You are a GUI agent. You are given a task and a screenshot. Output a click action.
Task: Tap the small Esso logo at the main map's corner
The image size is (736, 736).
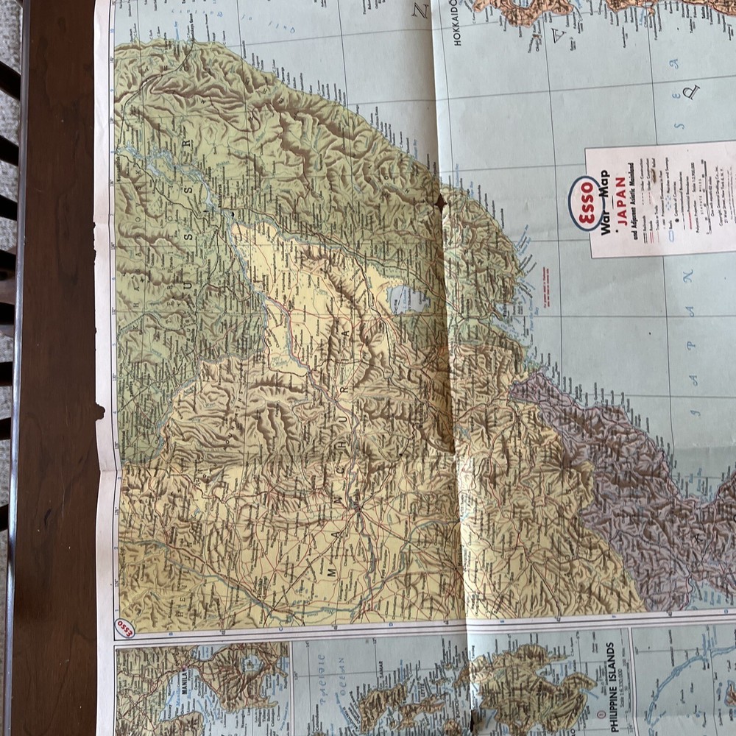[126, 629]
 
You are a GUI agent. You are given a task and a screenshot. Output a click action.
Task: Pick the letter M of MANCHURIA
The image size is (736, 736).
[331, 570]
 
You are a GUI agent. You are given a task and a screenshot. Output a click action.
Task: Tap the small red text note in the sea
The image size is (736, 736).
[545, 280]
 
